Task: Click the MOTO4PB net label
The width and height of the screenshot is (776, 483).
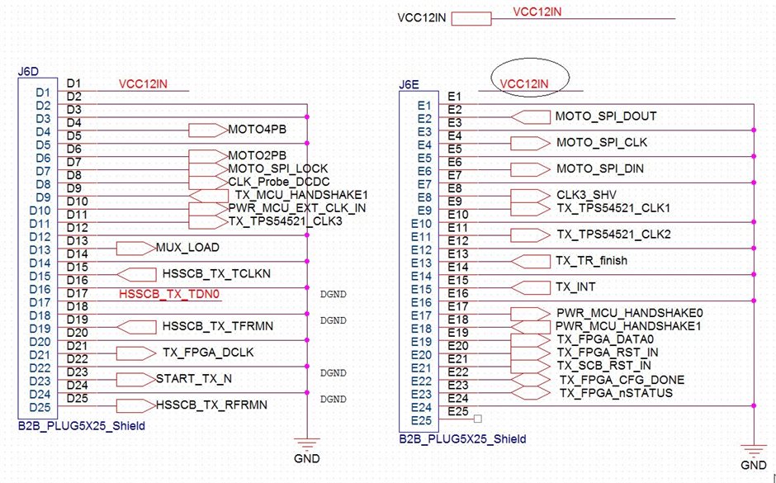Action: pos(256,130)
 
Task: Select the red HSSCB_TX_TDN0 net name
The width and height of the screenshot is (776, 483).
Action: pos(172,294)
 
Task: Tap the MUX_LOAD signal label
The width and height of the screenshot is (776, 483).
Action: pos(187,248)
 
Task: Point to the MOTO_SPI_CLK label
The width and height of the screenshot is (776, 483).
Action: pos(601,143)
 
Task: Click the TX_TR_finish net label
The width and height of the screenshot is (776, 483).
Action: pos(591,261)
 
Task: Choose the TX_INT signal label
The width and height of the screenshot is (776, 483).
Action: pos(575,287)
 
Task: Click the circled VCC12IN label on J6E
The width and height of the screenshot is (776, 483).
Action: pos(525,84)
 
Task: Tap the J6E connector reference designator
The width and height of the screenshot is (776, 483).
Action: pos(409,83)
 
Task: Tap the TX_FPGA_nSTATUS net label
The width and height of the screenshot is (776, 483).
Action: pos(615,393)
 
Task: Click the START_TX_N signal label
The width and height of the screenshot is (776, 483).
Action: pos(193,379)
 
